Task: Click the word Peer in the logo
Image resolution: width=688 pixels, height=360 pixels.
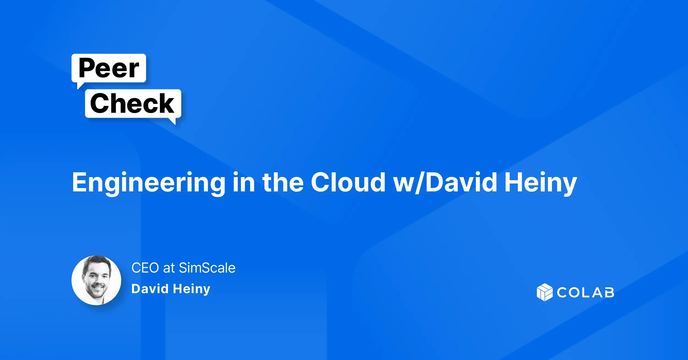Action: coord(109,68)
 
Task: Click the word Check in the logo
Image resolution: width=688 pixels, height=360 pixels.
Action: coord(132,103)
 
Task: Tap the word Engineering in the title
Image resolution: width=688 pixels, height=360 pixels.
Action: coord(149,183)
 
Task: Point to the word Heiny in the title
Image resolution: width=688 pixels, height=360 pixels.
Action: coord(541,183)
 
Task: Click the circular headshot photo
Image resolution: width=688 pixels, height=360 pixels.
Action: coord(96,280)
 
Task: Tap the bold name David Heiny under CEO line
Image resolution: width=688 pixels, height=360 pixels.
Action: coord(171,289)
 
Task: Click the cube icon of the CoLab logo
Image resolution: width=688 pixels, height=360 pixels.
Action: coord(544,292)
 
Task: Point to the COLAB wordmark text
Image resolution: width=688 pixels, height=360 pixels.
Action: coord(585,293)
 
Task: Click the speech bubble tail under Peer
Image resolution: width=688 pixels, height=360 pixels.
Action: coord(80,85)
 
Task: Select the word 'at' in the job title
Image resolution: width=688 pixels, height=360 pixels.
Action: coord(169,268)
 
